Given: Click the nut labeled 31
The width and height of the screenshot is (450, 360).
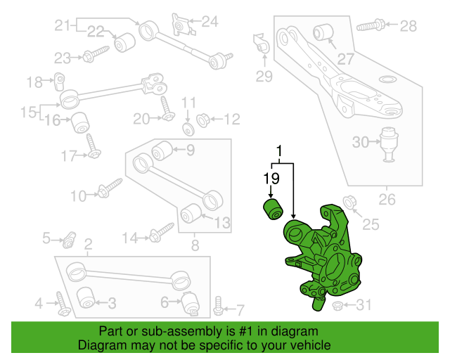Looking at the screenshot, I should coord(336,305).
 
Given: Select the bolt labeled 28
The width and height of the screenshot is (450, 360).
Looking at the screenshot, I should coord(370,27).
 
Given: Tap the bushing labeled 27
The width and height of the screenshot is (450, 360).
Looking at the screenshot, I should coord(324,32).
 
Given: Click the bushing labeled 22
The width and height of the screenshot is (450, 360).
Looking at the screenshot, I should coord(125,41).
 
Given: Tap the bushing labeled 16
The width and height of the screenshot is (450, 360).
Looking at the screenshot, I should coord(79,122).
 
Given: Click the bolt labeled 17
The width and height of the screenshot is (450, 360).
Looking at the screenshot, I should coord(94,146).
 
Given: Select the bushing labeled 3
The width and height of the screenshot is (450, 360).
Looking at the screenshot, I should coord(85,297).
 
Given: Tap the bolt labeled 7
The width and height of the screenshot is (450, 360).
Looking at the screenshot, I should coord(218,306).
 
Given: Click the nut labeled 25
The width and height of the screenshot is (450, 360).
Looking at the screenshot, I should coord(347,201).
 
